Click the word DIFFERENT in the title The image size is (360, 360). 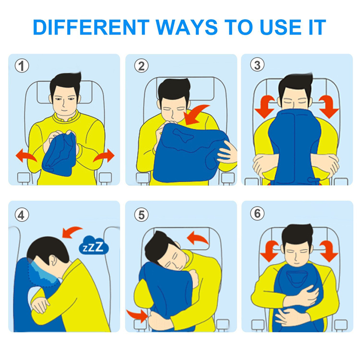point(91,27)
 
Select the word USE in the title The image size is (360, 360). point(281,27)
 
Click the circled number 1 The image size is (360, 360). point(22,66)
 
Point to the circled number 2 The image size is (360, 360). point(141,66)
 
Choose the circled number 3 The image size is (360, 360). point(257,64)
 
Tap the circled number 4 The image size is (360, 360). point(22,215)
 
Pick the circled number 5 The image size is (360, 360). point(141,215)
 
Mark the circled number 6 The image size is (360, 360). point(257,213)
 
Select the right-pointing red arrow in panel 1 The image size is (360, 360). point(104,155)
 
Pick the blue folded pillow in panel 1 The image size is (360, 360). point(59,154)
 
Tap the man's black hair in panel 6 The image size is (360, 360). point(297,234)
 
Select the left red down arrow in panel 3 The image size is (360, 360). point(265,107)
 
